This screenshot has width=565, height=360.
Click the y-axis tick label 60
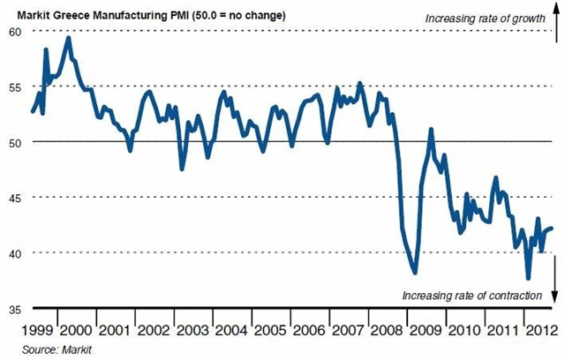14,31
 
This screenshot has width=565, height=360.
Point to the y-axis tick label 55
14,86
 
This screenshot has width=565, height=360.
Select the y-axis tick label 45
14,198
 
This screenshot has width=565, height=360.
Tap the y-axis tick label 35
14,309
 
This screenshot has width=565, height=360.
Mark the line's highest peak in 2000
69,38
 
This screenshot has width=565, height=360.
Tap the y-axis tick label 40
14,253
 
